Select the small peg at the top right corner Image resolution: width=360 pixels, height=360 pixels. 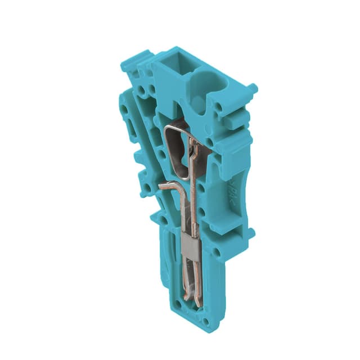pyautogui.click(x=253, y=88)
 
